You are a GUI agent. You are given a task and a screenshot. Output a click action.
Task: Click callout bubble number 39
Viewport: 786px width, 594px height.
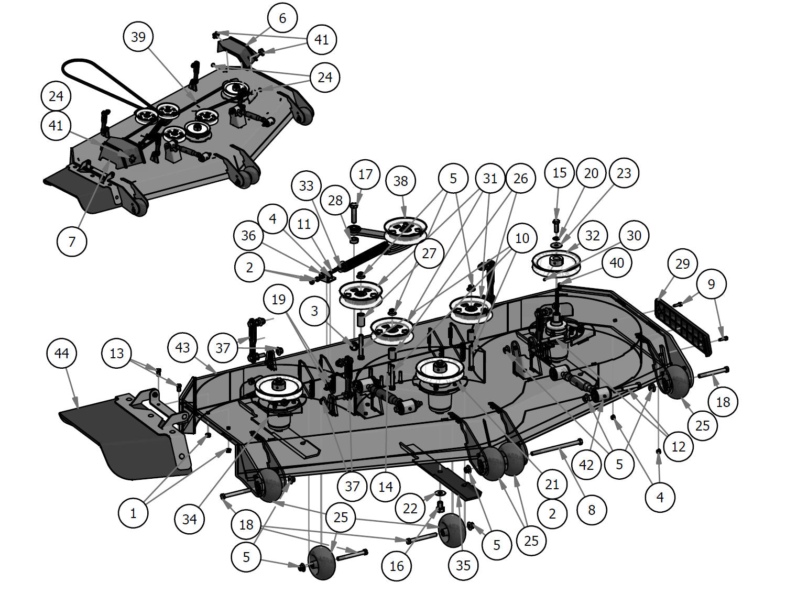138,37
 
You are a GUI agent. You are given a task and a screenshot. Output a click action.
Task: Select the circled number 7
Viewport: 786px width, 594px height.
72,241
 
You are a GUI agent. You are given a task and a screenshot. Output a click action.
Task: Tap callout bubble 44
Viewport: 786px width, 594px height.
61,354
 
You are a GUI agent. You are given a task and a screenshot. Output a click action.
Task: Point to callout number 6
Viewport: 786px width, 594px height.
282,18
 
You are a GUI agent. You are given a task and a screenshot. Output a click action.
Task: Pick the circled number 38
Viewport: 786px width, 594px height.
400,181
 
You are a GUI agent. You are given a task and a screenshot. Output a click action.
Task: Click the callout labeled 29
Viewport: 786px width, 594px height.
682,263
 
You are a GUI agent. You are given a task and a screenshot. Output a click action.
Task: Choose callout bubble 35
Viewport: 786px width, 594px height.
463,565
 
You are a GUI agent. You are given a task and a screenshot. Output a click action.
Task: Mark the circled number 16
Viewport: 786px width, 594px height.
397,566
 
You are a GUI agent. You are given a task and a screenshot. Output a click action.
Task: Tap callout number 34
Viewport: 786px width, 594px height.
189,519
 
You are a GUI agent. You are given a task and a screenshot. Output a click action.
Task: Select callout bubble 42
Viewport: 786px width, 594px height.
586,464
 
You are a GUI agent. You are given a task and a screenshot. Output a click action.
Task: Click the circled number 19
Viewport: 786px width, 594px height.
278,299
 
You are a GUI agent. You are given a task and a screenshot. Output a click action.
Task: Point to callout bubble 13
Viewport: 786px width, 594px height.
116,354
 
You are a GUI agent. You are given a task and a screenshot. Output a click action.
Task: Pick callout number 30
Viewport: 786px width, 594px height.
634,236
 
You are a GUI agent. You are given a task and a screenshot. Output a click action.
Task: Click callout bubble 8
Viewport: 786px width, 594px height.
592,510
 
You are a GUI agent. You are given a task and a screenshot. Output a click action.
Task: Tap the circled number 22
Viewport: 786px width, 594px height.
410,508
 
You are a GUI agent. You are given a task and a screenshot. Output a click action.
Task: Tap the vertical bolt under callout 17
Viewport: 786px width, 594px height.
353,214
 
